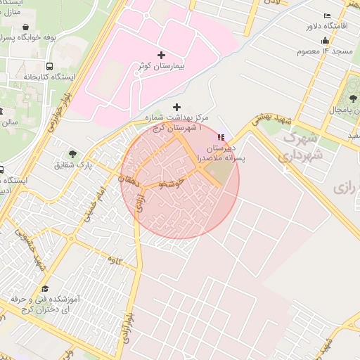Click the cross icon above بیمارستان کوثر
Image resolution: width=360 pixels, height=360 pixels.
(162, 54)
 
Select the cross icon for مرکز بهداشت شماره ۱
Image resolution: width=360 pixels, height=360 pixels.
(176, 107)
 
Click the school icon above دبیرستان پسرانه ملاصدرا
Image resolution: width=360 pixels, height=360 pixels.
(222, 137)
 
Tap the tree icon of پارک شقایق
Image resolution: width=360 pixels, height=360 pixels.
(73, 154)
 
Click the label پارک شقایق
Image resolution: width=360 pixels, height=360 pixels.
(73, 165)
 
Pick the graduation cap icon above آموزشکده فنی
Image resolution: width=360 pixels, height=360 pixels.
(46, 289)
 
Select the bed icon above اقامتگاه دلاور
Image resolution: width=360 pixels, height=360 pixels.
(326, 16)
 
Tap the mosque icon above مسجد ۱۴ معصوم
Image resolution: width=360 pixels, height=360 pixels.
(325, 41)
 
